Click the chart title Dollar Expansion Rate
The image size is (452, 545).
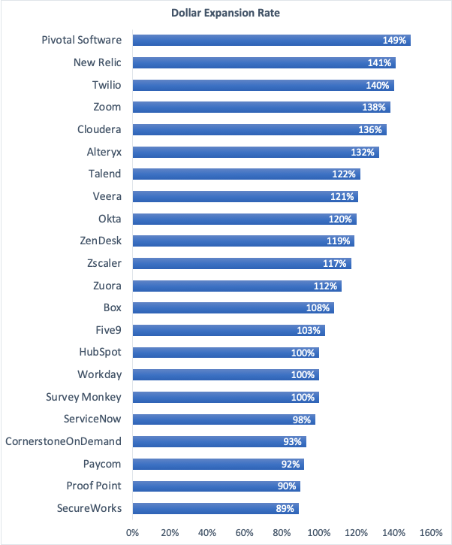click(x=225, y=12)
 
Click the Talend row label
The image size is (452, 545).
click(x=104, y=174)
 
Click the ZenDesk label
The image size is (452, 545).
click(x=101, y=241)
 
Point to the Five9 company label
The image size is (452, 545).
click(x=105, y=330)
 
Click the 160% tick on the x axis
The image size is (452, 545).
click(x=431, y=533)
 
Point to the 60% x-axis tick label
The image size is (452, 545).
click(x=245, y=533)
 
